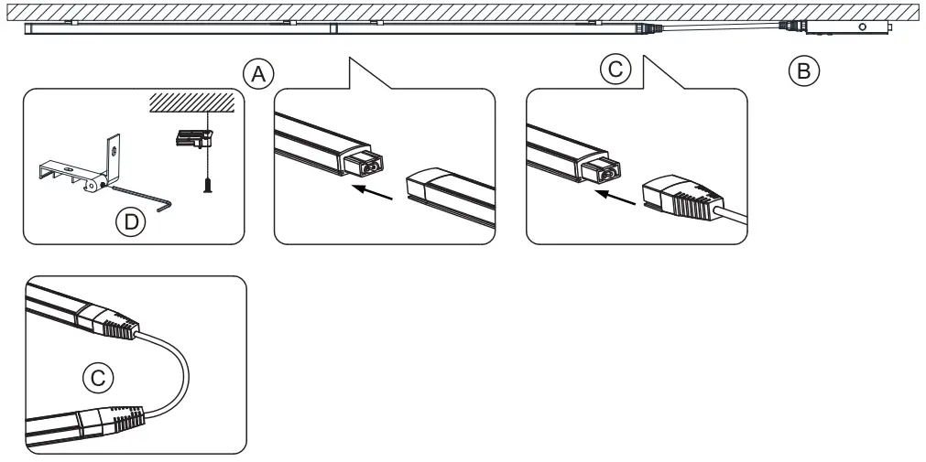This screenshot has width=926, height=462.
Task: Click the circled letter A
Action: click(x=258, y=74)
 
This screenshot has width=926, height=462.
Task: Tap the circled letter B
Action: click(x=804, y=70)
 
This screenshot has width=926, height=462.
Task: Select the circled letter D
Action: click(x=130, y=222)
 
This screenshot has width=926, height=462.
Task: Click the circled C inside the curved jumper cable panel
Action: click(x=97, y=378)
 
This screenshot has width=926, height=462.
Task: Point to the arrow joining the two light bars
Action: click(x=372, y=192)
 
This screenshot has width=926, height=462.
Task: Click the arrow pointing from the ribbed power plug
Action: click(x=615, y=198)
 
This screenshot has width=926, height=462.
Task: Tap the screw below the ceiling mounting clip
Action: click(x=207, y=186)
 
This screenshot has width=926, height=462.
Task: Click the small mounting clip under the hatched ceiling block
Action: click(x=193, y=138)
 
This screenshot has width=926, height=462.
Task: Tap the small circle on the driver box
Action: click(x=862, y=27)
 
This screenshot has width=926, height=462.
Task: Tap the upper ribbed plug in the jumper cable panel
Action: click(x=109, y=322)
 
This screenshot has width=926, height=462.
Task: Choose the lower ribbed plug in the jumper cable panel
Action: click(x=111, y=420)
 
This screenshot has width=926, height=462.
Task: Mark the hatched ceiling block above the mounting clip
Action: click(x=191, y=102)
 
